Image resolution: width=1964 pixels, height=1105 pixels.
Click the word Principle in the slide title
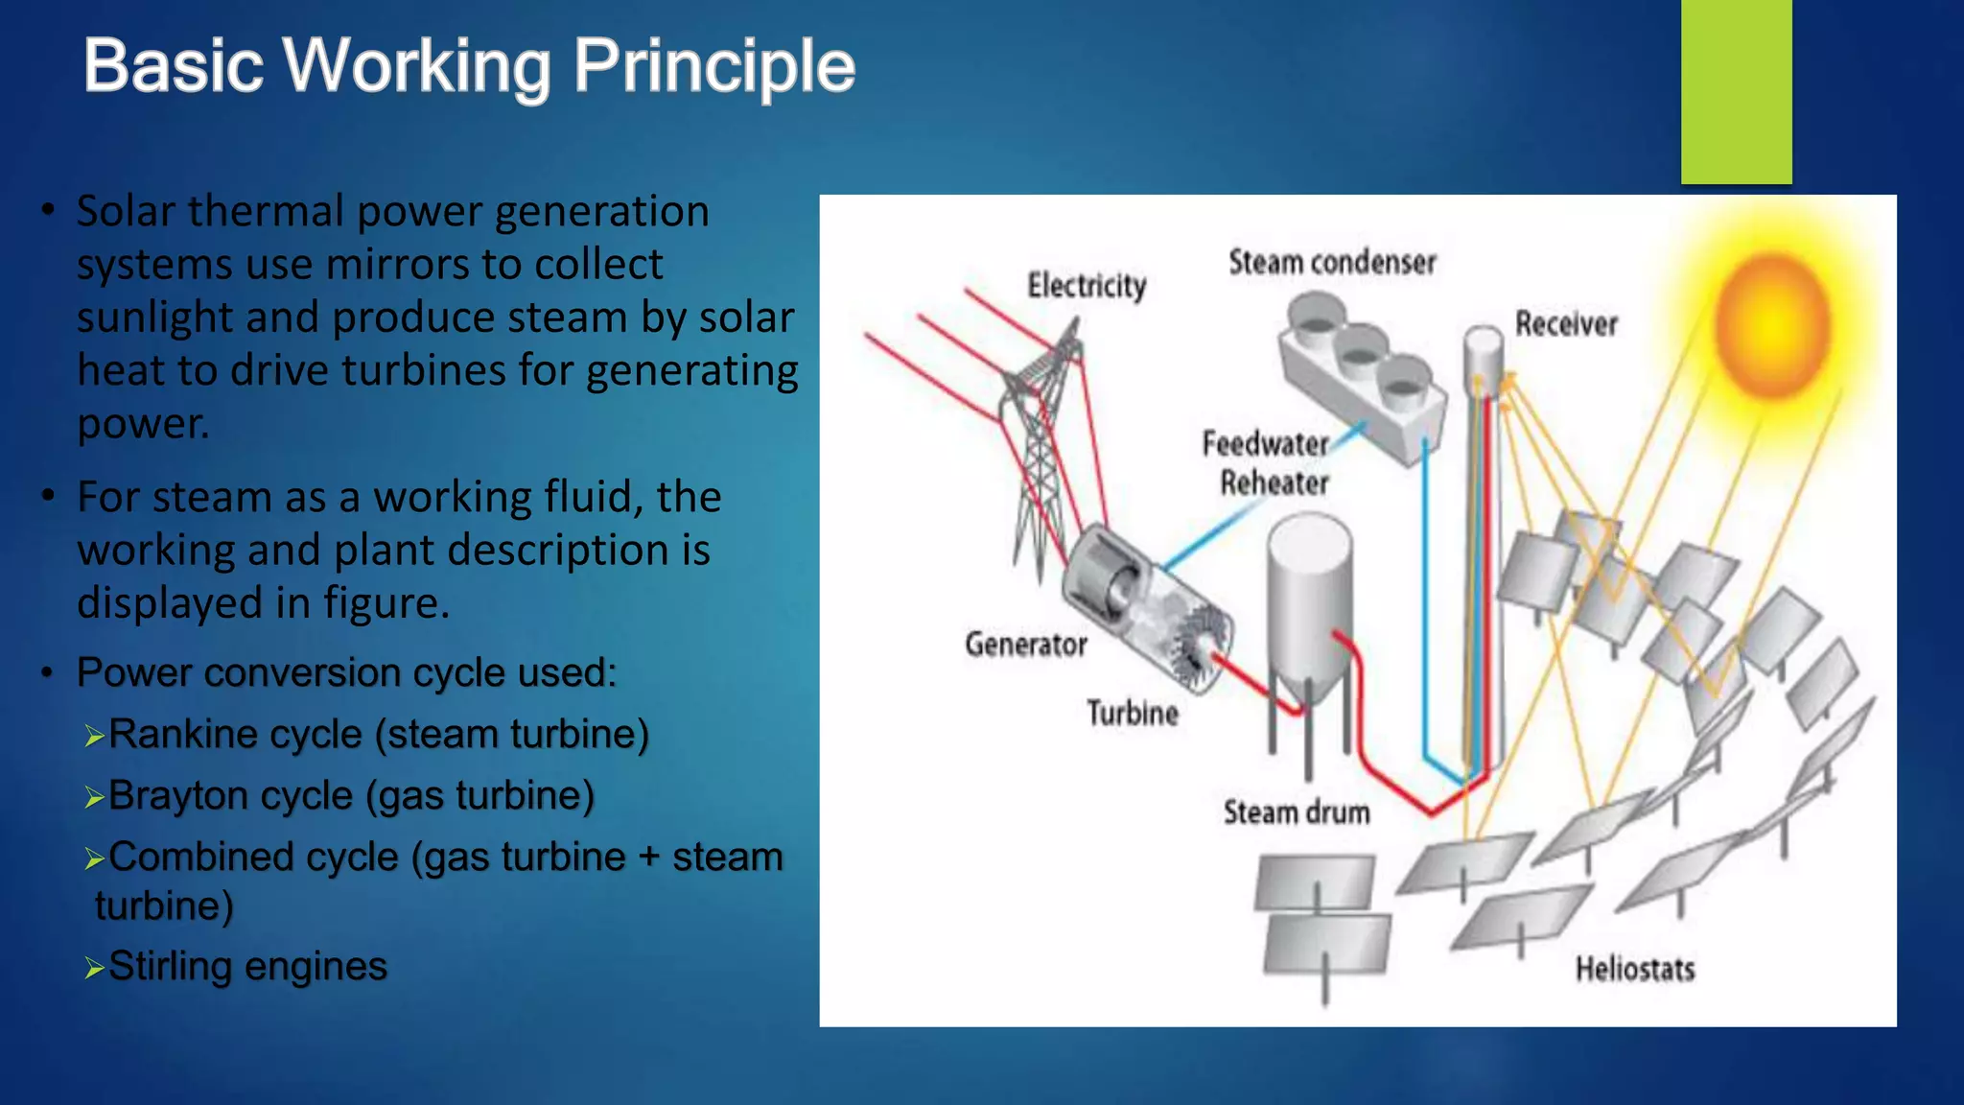[713, 67]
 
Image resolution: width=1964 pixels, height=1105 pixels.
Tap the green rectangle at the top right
[1736, 91]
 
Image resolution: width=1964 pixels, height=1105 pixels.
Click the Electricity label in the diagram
[1087, 285]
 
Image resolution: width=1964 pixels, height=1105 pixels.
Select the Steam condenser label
[1332, 262]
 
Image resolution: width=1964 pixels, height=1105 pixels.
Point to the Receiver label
[1566, 324]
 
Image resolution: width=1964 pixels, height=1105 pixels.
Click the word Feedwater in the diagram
[1265, 444]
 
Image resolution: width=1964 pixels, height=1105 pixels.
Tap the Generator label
[1025, 645]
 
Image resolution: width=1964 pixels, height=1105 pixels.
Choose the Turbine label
[1133, 714]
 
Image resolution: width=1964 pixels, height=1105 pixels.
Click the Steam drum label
[1297, 813]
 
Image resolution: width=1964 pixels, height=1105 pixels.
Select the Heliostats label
[1635, 969]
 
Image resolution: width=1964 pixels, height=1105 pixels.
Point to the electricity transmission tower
[1040, 451]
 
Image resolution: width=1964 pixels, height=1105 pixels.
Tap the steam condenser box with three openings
[1362, 379]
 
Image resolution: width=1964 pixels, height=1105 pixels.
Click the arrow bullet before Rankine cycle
[94, 737]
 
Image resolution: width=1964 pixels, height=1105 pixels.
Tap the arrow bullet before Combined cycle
[94, 859]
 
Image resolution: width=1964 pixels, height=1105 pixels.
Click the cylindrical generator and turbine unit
[1146, 609]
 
